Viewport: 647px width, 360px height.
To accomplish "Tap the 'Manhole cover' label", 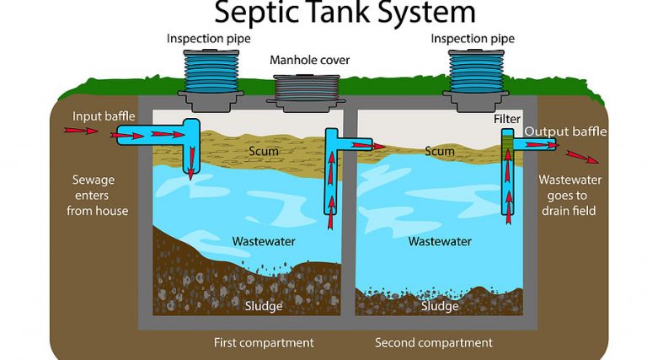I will tap(309, 61).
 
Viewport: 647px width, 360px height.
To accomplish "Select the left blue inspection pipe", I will tap(208, 73).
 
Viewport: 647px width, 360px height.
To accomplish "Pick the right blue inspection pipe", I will tap(475, 73).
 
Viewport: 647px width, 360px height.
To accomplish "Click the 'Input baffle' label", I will tap(104, 116).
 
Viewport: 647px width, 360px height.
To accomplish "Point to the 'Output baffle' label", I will tap(565, 132).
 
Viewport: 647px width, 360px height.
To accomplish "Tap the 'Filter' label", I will tap(507, 119).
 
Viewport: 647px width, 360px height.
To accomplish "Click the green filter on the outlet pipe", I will tap(508, 145).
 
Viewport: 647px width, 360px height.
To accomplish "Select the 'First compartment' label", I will tap(263, 343).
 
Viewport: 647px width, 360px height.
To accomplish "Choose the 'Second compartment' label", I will tap(433, 343).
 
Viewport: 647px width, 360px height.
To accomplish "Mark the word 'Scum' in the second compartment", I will tap(439, 152).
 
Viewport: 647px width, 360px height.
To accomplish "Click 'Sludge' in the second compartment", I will tap(439, 306).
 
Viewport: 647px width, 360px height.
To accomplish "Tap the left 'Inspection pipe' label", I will tap(208, 39).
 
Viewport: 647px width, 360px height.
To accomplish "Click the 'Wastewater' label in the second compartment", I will tap(439, 241).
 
